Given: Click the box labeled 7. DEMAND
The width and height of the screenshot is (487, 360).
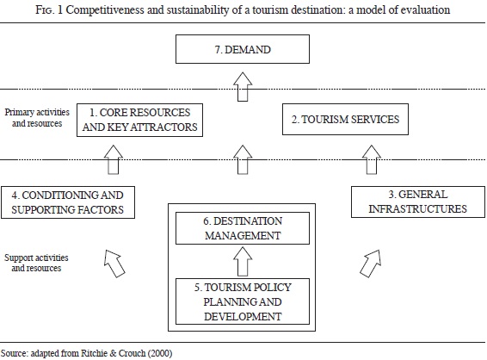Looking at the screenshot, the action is point(243,49).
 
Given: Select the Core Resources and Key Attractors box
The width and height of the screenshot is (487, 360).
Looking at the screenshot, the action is point(139,120).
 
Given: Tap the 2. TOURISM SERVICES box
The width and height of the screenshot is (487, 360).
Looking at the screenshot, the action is point(345,120).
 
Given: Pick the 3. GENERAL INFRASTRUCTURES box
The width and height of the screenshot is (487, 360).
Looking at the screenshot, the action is point(418,202).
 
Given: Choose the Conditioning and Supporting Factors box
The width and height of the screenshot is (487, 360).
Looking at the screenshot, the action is point(68,202).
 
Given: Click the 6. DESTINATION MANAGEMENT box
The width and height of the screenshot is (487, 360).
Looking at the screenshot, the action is point(243,228).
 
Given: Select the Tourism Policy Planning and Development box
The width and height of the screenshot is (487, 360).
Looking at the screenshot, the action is point(243,301).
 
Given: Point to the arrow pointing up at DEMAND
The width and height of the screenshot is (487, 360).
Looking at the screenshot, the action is point(243,87).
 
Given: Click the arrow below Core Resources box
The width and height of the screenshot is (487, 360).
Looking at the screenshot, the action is point(113,159).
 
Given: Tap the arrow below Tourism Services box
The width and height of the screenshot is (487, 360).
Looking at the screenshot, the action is point(372,159).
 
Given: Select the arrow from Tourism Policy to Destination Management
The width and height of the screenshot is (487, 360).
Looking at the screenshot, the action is point(243,262).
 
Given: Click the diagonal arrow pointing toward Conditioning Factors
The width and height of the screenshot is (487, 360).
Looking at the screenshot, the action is point(114,264).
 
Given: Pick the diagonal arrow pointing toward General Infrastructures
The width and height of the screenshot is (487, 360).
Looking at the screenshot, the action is point(371,264).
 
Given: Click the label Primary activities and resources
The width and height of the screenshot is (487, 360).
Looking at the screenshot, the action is point(37,117).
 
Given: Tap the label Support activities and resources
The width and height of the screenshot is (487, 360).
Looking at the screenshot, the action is point(36,263).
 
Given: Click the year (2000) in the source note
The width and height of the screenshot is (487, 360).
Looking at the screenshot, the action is point(160,353).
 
